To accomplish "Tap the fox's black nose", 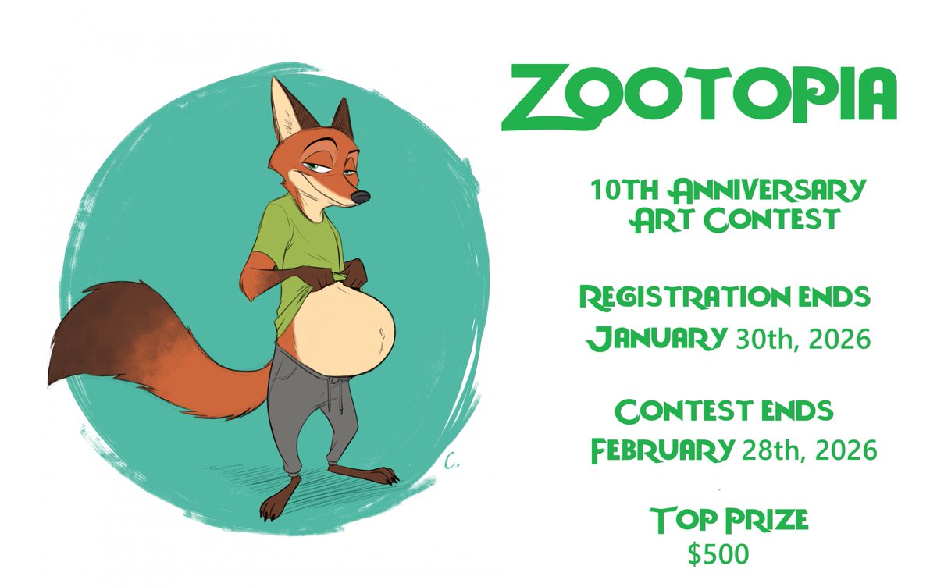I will [359, 197].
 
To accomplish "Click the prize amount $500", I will [718, 553].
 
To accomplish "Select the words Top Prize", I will [718, 519].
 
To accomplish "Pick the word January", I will [654, 339].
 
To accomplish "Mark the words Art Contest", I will [734, 220].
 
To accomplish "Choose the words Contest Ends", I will [724, 411].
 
